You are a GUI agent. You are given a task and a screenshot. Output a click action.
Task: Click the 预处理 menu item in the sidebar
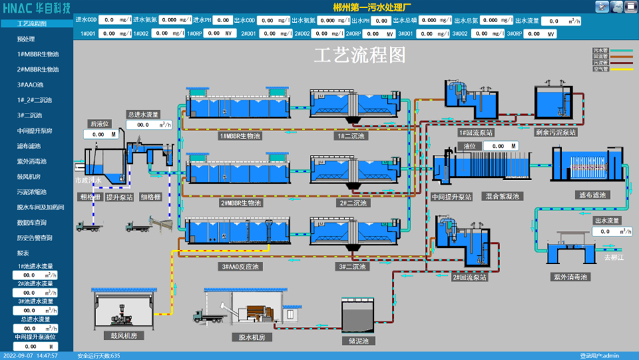pyautogui.click(x=26, y=39)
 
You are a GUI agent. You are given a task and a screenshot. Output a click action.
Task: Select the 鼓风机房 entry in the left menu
pyautogui.click(x=29, y=177)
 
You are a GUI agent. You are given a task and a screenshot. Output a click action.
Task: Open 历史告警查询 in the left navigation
pyautogui.click(x=35, y=238)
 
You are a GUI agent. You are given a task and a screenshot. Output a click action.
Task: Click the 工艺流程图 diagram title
pyautogui.click(x=360, y=56)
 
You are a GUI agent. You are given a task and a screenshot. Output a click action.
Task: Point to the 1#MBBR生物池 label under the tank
pyautogui.click(x=240, y=136)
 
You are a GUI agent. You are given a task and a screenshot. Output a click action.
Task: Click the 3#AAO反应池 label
pyautogui.click(x=240, y=267)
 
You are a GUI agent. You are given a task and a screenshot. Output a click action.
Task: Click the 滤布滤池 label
pyautogui.click(x=591, y=195)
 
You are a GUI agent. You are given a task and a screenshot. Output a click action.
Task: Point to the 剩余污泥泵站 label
pyautogui.click(x=556, y=132)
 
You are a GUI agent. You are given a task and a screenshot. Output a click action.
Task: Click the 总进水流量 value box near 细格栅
pyautogui.click(x=144, y=124)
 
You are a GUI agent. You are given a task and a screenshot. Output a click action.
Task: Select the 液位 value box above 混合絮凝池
pyautogui.click(x=500, y=146)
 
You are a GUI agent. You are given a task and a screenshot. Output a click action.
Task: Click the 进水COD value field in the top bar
pyautogui.click(x=115, y=21)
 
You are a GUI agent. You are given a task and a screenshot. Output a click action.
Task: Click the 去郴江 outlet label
pyautogui.click(x=614, y=257)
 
